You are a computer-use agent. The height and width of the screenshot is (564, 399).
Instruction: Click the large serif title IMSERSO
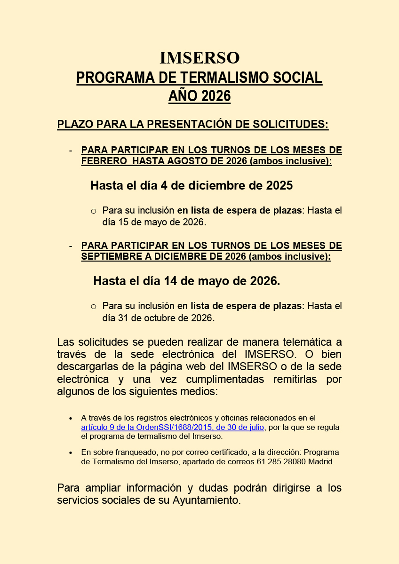pyautogui.click(x=199, y=58)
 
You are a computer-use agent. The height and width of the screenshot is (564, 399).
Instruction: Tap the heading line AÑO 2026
pyautogui.click(x=199, y=96)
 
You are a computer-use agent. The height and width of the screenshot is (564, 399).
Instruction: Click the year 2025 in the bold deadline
pyautogui.click(x=279, y=185)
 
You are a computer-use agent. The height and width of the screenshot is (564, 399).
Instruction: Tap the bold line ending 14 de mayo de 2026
pyautogui.click(x=186, y=281)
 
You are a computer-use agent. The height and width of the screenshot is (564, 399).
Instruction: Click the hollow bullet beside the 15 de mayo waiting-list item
pyautogui.click(x=93, y=211)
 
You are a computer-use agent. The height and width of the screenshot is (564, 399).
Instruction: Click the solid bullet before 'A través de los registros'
pyautogui.click(x=71, y=418)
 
